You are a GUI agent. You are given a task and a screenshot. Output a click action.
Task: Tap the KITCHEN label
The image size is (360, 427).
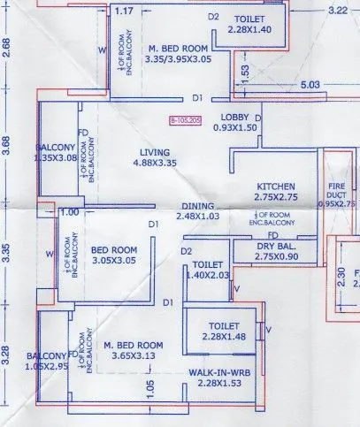pos(275,187)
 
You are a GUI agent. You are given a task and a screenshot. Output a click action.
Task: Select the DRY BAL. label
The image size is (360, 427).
pos(276,245)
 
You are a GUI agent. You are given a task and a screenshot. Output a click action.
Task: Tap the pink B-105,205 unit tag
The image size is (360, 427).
pos(184,118)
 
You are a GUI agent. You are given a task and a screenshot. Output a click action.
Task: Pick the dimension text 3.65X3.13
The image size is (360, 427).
pos(134,355)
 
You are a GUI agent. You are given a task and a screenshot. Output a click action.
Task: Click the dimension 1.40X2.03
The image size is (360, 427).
pos(208,275)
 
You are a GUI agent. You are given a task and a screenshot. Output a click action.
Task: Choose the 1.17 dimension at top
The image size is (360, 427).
pos(125,11)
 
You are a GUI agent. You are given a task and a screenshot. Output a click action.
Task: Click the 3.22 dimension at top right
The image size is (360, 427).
pos(336,11)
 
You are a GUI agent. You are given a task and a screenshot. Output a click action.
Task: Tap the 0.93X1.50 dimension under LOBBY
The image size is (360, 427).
pos(234,128)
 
